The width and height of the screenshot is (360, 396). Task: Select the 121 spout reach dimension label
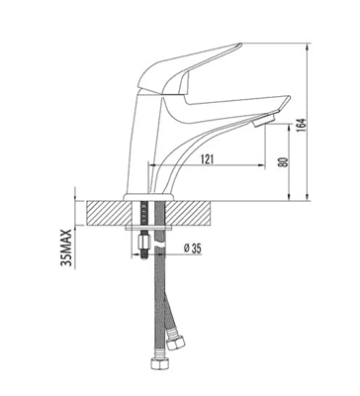(x=207, y=159)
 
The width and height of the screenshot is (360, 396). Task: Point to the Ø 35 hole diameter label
(x=192, y=248)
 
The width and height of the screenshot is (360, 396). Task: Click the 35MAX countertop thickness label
(x=66, y=248)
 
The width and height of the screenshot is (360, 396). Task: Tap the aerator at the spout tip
(x=263, y=120)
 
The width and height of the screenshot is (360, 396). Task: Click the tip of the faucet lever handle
(x=239, y=46)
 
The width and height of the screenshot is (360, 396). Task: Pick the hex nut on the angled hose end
(x=174, y=344)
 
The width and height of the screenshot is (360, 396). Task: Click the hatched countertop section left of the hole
(x=109, y=213)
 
